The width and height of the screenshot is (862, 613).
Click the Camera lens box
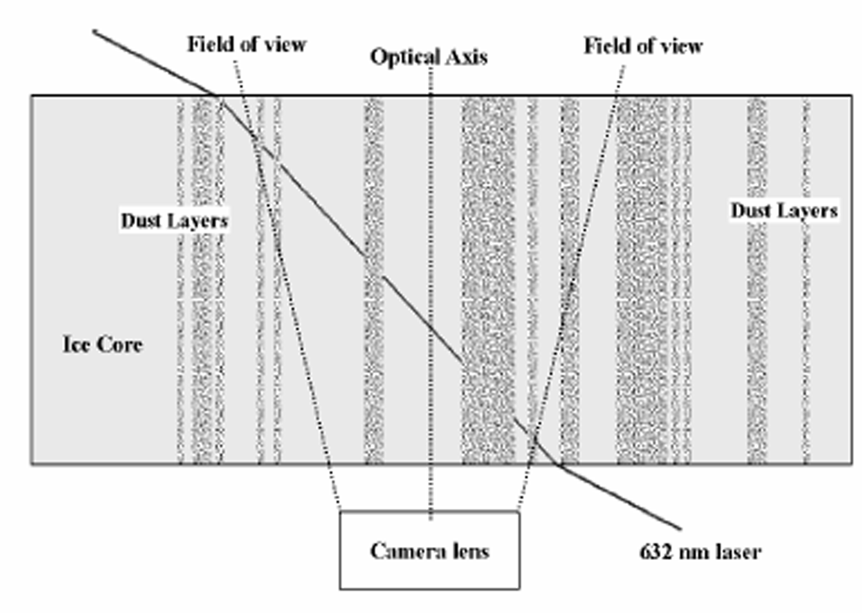click(x=429, y=550)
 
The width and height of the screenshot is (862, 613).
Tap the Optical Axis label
click(x=429, y=57)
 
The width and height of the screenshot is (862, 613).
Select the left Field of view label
click(x=246, y=44)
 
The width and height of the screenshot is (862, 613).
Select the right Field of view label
click(x=643, y=46)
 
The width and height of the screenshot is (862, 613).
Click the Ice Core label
click(x=102, y=344)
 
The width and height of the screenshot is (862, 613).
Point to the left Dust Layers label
click(x=174, y=221)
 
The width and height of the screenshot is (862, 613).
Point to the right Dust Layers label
click(x=784, y=211)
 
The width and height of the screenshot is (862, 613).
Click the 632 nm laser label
click(x=700, y=551)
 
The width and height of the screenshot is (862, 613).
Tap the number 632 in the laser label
click(x=655, y=551)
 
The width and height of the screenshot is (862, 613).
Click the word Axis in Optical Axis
click(x=467, y=57)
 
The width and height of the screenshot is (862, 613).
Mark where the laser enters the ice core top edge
click(x=217, y=95)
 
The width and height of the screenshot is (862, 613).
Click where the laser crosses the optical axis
click(x=430, y=324)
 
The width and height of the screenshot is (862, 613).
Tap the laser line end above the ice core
click(x=94, y=31)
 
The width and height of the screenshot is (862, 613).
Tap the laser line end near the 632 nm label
click(x=680, y=529)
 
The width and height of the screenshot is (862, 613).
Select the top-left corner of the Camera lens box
click(x=340, y=511)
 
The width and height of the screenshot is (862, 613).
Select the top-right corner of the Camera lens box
click(x=519, y=511)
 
